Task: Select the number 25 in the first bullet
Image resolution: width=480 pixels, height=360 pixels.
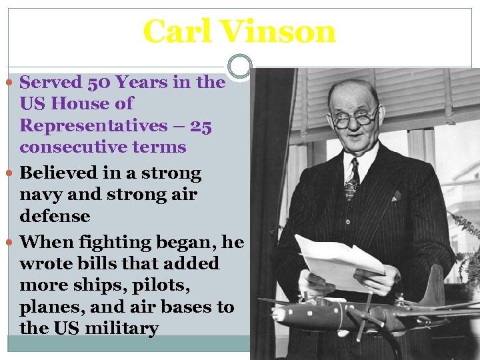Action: pyautogui.click(x=201, y=125)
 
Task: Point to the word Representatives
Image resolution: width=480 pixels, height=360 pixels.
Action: pyautogui.click(x=93, y=125)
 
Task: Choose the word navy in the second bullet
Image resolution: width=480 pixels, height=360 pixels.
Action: pyautogui.click(x=41, y=195)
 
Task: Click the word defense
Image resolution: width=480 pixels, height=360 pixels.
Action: pyautogui.click(x=55, y=216)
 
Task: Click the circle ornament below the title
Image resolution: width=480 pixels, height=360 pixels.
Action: pyautogui.click(x=239, y=66)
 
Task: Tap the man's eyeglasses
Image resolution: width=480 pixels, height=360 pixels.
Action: pyautogui.click(x=355, y=119)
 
